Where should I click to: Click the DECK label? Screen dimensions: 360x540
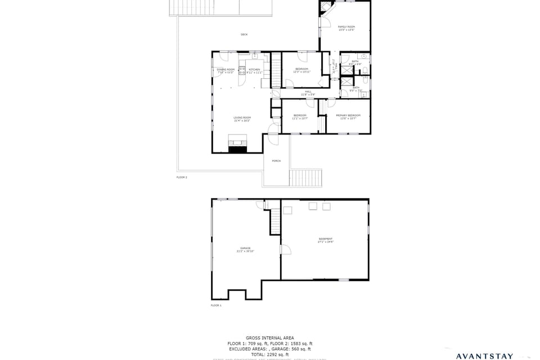(244, 35)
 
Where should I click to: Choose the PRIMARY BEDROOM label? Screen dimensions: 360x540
(348, 116)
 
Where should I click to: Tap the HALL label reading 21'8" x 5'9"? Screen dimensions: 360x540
(308, 93)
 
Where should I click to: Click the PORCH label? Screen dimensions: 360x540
(276, 161)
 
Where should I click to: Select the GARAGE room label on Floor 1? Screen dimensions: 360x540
(245, 249)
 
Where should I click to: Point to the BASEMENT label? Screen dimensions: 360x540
(326, 240)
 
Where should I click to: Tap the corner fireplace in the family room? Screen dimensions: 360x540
(326, 7)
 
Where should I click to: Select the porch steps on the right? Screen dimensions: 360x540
(307, 177)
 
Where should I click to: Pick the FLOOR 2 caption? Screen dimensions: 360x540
(182, 177)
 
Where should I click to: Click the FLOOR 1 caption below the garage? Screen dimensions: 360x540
(216, 305)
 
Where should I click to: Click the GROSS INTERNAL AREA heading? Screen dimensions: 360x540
(269, 338)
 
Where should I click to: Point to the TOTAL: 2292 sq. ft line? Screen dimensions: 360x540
(269, 354)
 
